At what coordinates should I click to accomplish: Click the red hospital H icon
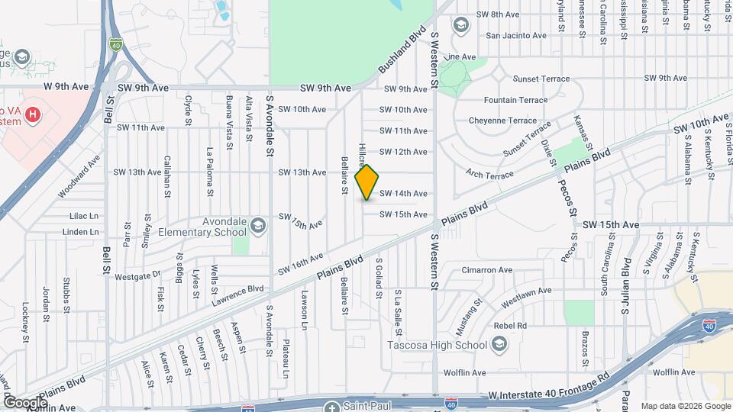(x=33, y=115)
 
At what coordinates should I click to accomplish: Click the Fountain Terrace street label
(x=516, y=100)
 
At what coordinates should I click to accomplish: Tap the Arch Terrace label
(x=489, y=175)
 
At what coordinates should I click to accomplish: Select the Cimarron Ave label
(x=488, y=269)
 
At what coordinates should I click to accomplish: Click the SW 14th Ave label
(x=403, y=194)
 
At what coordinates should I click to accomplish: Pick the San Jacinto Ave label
(x=516, y=35)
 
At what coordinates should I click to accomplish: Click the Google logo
(x=25, y=402)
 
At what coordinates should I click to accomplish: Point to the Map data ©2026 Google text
(x=685, y=405)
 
